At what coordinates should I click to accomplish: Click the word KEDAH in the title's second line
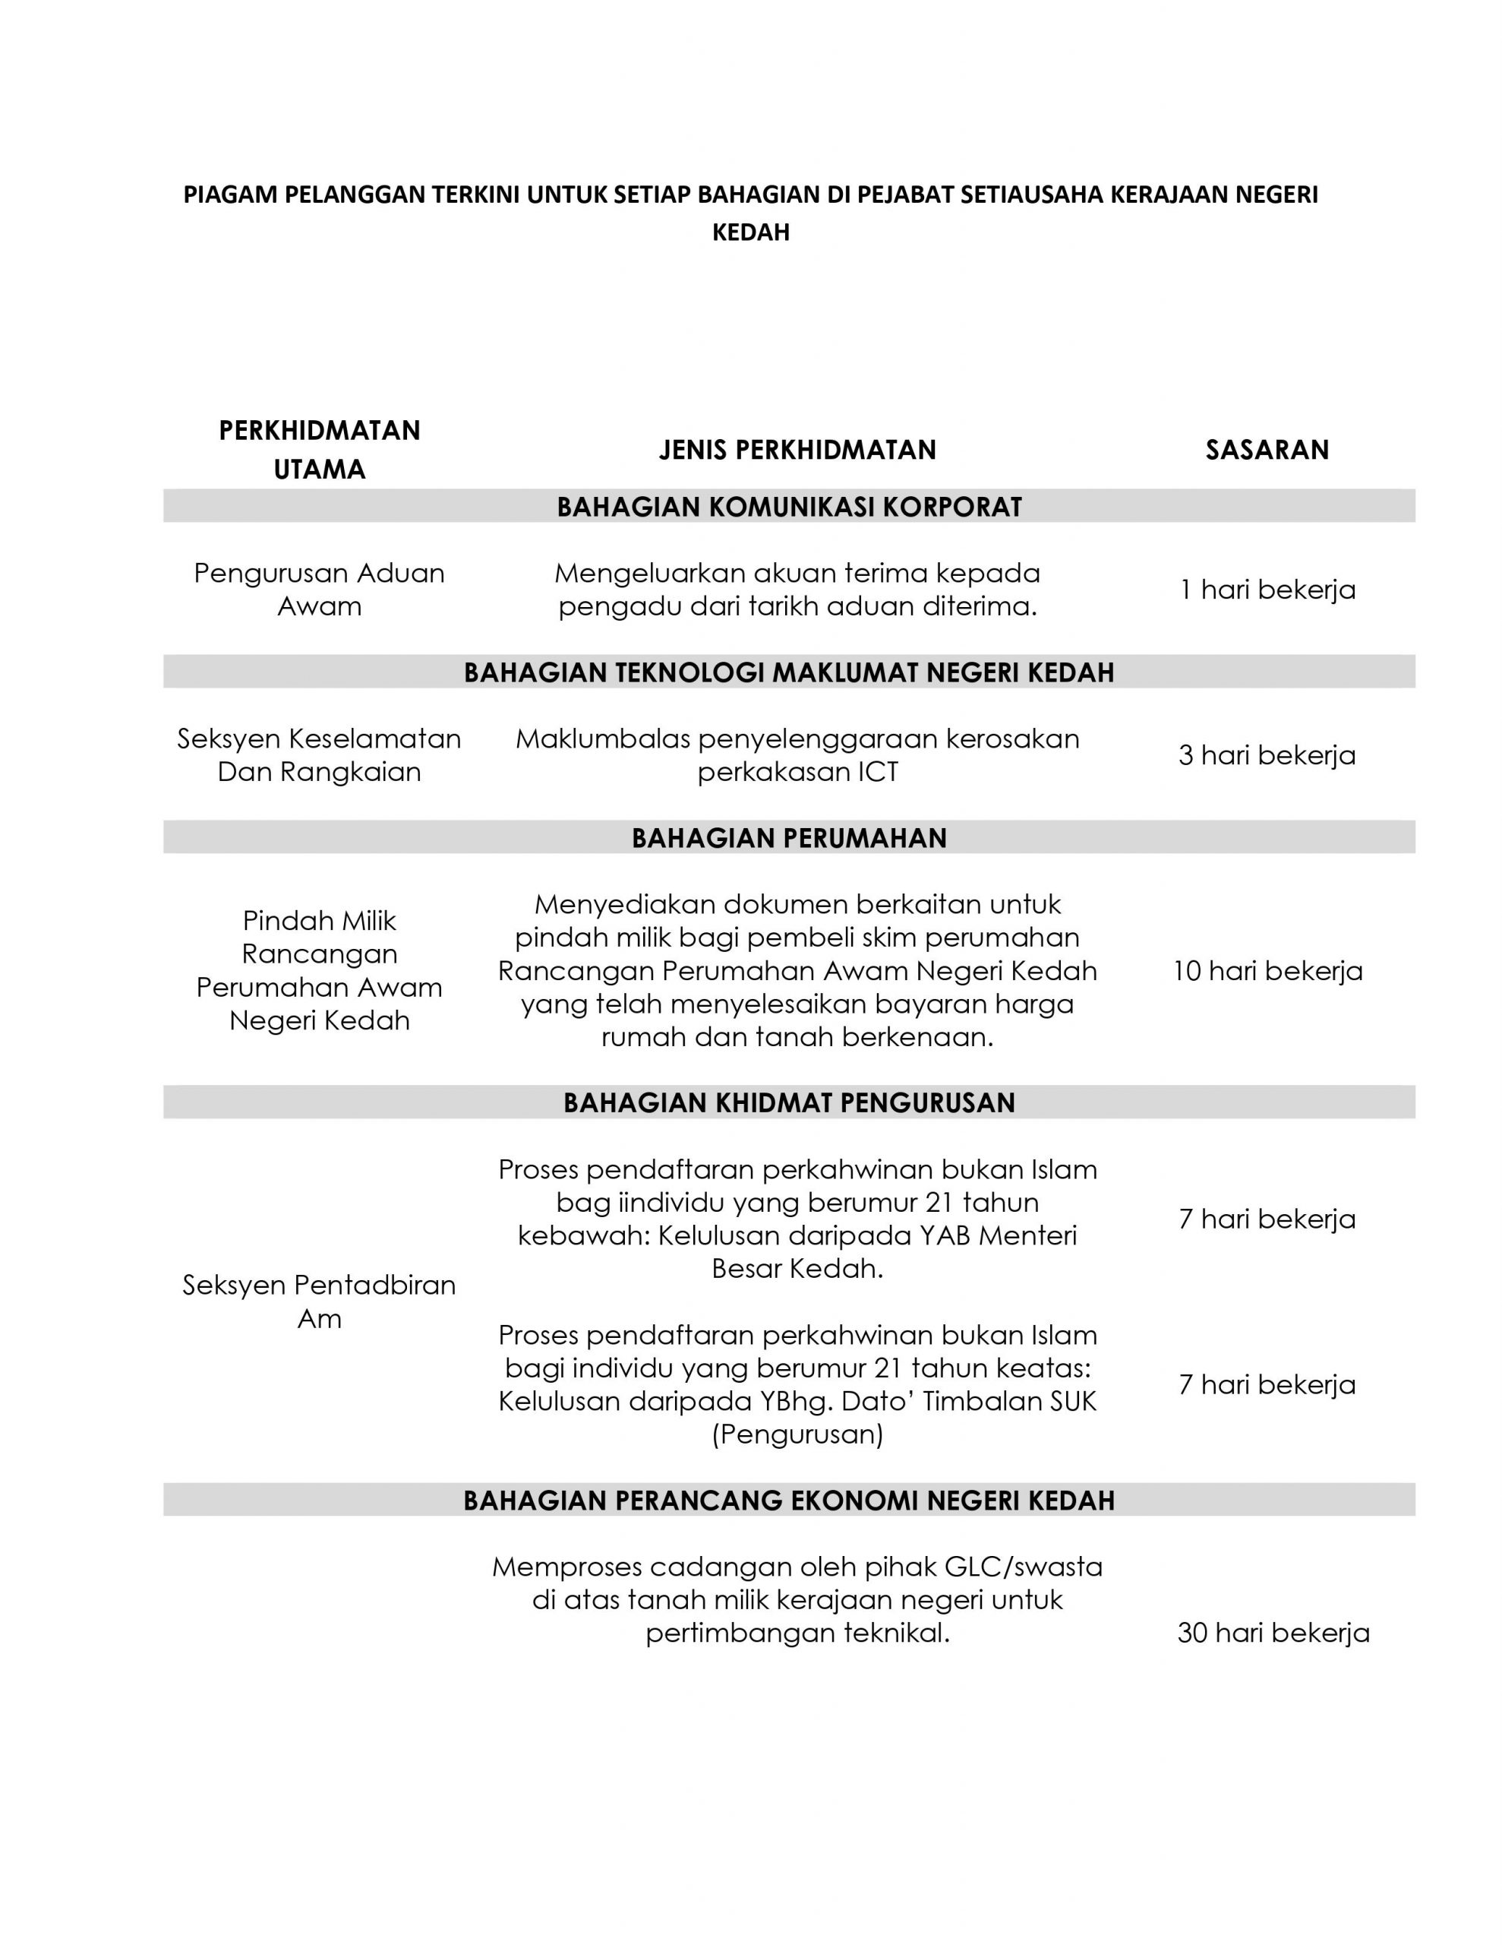pos(750,232)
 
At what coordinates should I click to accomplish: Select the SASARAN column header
pos(1266,450)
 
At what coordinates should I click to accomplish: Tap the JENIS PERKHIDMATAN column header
pos(797,450)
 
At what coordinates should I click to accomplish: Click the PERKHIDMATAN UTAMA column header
pos(320,450)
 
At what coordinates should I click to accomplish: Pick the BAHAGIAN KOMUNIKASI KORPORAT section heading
pos(789,507)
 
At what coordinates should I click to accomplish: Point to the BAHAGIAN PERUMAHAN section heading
pos(789,838)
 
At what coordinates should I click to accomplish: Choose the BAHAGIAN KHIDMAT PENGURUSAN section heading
pos(789,1102)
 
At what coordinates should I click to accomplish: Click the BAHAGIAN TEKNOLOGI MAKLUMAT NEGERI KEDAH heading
pos(789,672)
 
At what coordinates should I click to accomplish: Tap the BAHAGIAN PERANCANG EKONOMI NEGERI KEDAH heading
pos(789,1501)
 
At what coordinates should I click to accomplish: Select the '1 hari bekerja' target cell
pos(1267,590)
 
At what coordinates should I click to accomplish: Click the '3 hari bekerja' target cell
pos(1267,755)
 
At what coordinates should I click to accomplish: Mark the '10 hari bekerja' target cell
pos(1267,971)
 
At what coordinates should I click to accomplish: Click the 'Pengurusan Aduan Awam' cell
pos(320,590)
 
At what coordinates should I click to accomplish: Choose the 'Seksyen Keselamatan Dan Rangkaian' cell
pos(320,755)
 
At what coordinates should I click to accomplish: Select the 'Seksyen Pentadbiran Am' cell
pos(320,1301)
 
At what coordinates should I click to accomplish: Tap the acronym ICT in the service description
pos(877,772)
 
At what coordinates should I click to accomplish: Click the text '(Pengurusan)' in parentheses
pos(797,1434)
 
